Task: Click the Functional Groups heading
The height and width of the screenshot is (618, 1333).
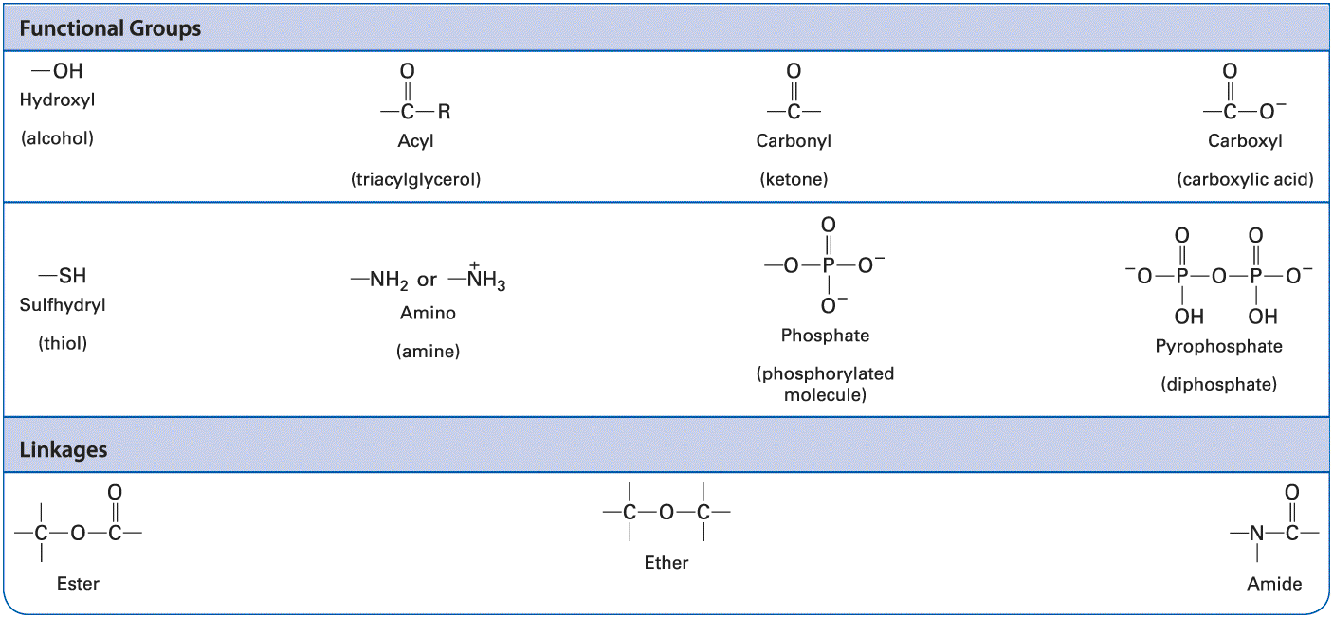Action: [x=110, y=28]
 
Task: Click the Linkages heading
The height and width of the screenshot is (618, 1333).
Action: [x=64, y=449]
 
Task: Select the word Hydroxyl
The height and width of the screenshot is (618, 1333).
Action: [x=57, y=100]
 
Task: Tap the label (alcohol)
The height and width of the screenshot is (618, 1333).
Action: [x=57, y=138]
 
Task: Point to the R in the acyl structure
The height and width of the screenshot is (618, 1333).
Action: [x=444, y=111]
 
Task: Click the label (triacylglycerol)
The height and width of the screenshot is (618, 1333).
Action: [x=415, y=179]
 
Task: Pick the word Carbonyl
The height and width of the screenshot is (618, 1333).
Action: [x=794, y=141]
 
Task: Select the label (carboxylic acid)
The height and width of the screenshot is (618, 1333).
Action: [x=1245, y=179]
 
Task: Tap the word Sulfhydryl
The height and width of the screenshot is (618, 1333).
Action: [x=63, y=305]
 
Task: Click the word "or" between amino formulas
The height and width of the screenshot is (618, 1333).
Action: [x=427, y=280]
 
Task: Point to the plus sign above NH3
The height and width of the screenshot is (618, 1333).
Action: [x=474, y=264]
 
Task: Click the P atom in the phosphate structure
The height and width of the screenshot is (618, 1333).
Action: [x=829, y=264]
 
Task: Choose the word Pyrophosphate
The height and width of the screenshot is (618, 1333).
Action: [x=1218, y=346]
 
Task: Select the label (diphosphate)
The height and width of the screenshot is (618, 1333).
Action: [x=1218, y=384]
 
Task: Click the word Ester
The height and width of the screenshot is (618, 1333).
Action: [x=78, y=584]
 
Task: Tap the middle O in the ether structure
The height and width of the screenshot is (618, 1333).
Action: [x=666, y=512]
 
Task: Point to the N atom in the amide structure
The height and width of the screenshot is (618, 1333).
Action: [x=1256, y=533]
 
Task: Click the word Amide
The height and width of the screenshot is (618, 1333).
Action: [x=1274, y=584]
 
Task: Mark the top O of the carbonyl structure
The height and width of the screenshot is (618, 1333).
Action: [x=794, y=71]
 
